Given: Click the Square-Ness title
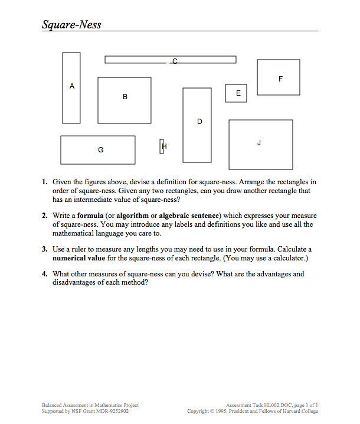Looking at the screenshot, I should [x=71, y=24].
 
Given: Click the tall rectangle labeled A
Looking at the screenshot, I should [x=71, y=88].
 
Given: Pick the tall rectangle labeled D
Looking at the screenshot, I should [x=197, y=125].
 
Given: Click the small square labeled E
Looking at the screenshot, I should [x=236, y=93].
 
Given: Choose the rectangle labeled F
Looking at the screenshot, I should [x=279, y=77].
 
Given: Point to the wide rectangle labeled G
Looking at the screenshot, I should [x=98, y=150].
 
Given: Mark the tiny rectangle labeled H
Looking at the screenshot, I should [x=161, y=146].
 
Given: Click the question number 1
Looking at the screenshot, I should [x=45, y=182].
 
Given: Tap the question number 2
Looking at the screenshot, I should [x=45, y=216].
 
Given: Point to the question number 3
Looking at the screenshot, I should [x=45, y=250].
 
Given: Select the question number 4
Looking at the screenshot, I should [x=45, y=275].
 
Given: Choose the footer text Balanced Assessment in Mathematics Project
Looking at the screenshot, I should [x=90, y=405].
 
